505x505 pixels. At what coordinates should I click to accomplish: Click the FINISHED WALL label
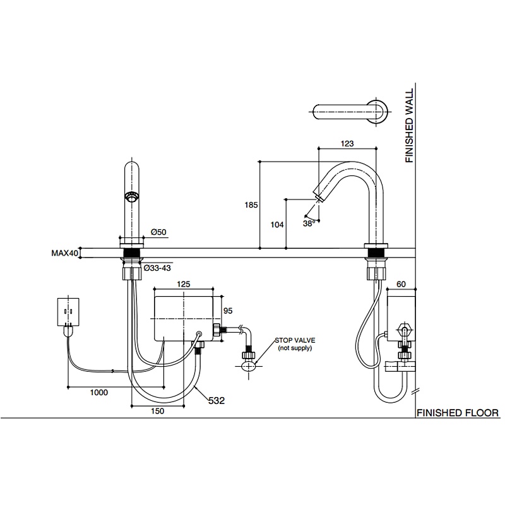click(409, 126)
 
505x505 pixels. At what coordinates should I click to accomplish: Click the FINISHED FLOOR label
click(457, 413)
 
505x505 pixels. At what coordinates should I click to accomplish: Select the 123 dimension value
click(347, 144)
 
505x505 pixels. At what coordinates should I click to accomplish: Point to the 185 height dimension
click(251, 205)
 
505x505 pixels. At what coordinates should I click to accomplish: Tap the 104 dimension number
click(277, 225)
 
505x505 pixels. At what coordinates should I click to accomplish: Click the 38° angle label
click(309, 223)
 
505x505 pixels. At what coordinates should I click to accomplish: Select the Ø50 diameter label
click(158, 232)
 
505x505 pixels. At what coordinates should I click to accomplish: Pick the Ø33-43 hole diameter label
click(157, 268)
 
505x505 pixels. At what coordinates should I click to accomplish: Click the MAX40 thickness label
click(65, 253)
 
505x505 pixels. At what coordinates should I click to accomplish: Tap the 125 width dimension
click(184, 284)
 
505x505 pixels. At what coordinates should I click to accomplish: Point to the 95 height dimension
click(228, 311)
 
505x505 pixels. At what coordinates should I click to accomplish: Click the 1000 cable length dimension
click(99, 392)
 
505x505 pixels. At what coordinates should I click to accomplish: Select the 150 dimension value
click(157, 411)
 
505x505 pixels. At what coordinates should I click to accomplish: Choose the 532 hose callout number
click(217, 401)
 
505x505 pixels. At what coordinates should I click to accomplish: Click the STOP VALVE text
click(295, 340)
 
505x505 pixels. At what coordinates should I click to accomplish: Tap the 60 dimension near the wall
click(401, 284)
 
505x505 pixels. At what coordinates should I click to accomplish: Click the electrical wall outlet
click(68, 312)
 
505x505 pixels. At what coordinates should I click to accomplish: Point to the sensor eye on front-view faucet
click(131, 197)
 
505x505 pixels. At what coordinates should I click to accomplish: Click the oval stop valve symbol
click(249, 366)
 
